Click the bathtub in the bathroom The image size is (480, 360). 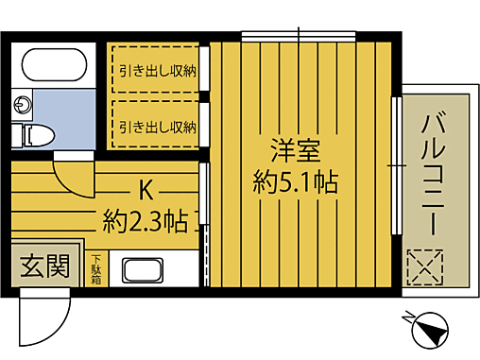click(55, 63)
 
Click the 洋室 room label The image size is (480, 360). click(296, 149)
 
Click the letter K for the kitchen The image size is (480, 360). click(146, 190)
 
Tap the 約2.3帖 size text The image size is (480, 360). click(146, 223)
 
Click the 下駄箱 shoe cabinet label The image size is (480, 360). click(97, 267)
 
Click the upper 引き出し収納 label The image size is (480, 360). click(157, 69)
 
